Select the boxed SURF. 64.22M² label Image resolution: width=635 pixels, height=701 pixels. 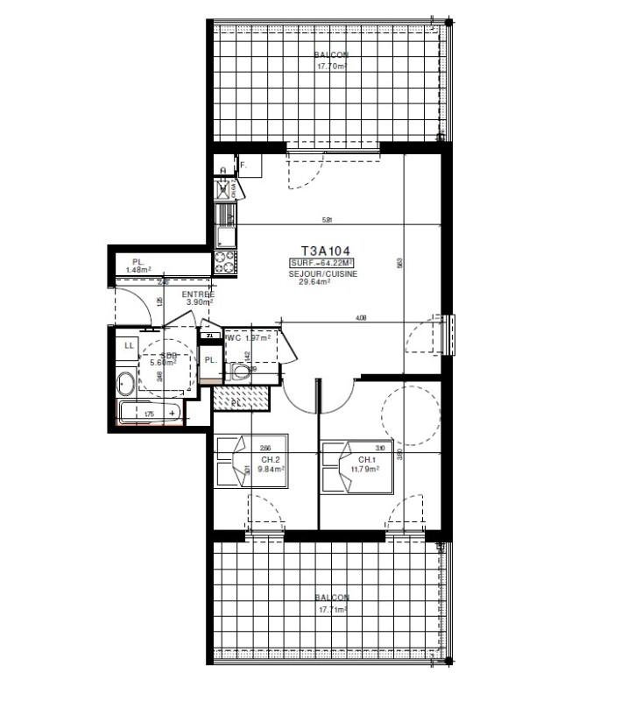point(321,263)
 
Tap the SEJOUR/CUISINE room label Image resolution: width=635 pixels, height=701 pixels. point(317,273)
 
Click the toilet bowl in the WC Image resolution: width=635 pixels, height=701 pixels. point(241,372)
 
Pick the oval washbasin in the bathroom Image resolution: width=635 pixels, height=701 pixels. point(125,382)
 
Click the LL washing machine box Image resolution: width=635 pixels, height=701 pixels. point(130,346)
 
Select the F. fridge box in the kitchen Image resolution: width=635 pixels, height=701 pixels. point(244,165)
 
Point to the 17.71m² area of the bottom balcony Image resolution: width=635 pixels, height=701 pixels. point(333,608)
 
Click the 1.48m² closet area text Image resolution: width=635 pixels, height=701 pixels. point(138,270)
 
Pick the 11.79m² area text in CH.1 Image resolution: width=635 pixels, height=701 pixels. point(366,469)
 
